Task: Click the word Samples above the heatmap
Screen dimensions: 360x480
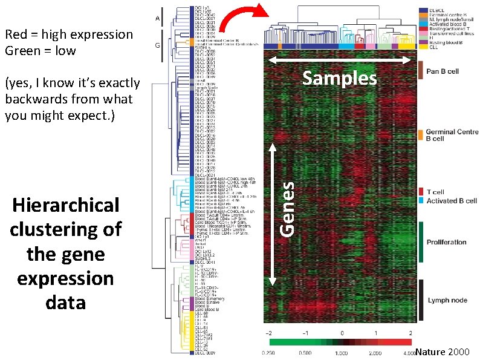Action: pyautogui.click(x=339, y=79)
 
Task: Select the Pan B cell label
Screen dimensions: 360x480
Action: pyautogui.click(x=443, y=71)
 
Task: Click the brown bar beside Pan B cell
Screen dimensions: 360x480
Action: pyautogui.click(x=420, y=70)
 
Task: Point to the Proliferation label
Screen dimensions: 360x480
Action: pyautogui.click(x=446, y=242)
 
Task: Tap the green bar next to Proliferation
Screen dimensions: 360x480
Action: pyautogui.click(x=420, y=242)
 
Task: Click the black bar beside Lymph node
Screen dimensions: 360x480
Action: pyautogui.click(x=420, y=299)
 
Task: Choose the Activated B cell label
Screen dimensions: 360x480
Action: pyautogui.click(x=452, y=200)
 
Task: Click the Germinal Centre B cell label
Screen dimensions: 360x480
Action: pyautogui.click(x=452, y=135)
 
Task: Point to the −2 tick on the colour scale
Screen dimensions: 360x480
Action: pyautogui.click(x=270, y=333)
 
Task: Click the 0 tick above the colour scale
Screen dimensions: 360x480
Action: pyautogui.click(x=342, y=333)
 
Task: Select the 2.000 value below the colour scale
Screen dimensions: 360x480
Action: pyautogui.click(x=377, y=353)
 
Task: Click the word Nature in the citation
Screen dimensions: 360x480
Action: pyautogui.click(x=430, y=352)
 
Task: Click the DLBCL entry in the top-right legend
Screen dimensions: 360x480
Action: pyautogui.click(x=435, y=11)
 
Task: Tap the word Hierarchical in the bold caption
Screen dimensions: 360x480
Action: pyautogui.click(x=66, y=205)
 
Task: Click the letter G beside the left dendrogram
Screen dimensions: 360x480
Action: pyautogui.click(x=157, y=45)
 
